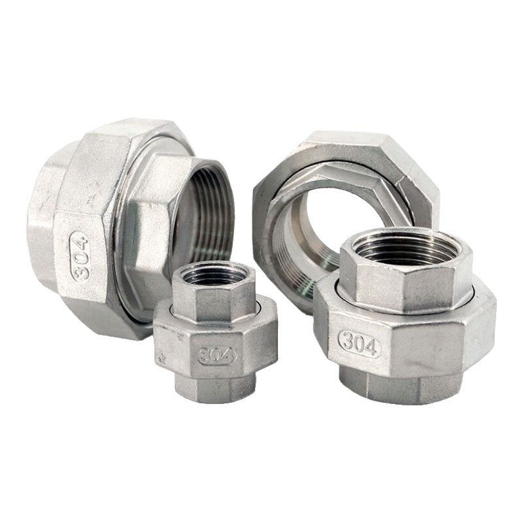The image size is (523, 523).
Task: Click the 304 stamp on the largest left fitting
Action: (x=80, y=255)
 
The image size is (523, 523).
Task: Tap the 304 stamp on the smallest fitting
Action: (x=216, y=356)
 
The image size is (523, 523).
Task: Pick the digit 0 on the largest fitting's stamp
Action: (x=80, y=255)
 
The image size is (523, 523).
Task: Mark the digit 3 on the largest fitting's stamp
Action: (x=82, y=271)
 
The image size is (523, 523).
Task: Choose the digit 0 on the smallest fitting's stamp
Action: (x=216, y=356)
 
